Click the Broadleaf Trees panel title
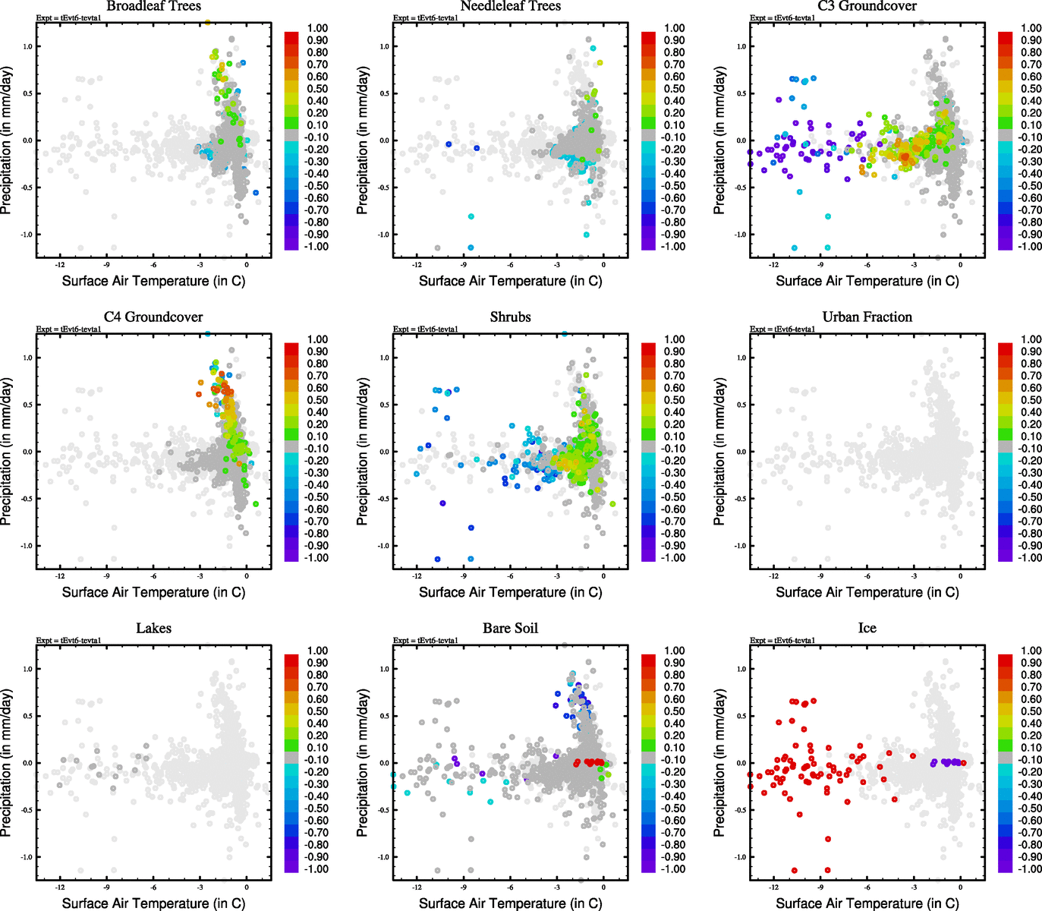pyautogui.click(x=153, y=6)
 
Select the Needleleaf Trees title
pyautogui.click(x=510, y=6)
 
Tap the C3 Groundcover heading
pyautogui.click(x=867, y=6)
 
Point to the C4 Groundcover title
pyautogui.click(x=153, y=317)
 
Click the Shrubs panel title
pyautogui.click(x=510, y=317)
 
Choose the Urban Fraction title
pyautogui.click(x=867, y=317)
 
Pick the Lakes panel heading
pyautogui.click(x=153, y=628)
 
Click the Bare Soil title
pyautogui.click(x=510, y=628)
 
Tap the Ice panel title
pyautogui.click(x=867, y=628)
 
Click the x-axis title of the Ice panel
pyautogui.click(x=867, y=903)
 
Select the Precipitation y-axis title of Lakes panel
pyautogui.click(x=7, y=763)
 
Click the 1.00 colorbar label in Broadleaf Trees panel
pyautogui.click(x=317, y=28)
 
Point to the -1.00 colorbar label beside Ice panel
pyautogui.click(x=1031, y=868)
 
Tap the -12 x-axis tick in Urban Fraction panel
pyautogui.click(x=773, y=576)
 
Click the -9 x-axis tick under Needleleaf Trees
pyautogui.click(x=463, y=265)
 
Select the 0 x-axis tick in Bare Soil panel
pyautogui.click(x=603, y=887)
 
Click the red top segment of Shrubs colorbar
pyautogui.click(x=649, y=348)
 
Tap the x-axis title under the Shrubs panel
pyautogui.click(x=510, y=591)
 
